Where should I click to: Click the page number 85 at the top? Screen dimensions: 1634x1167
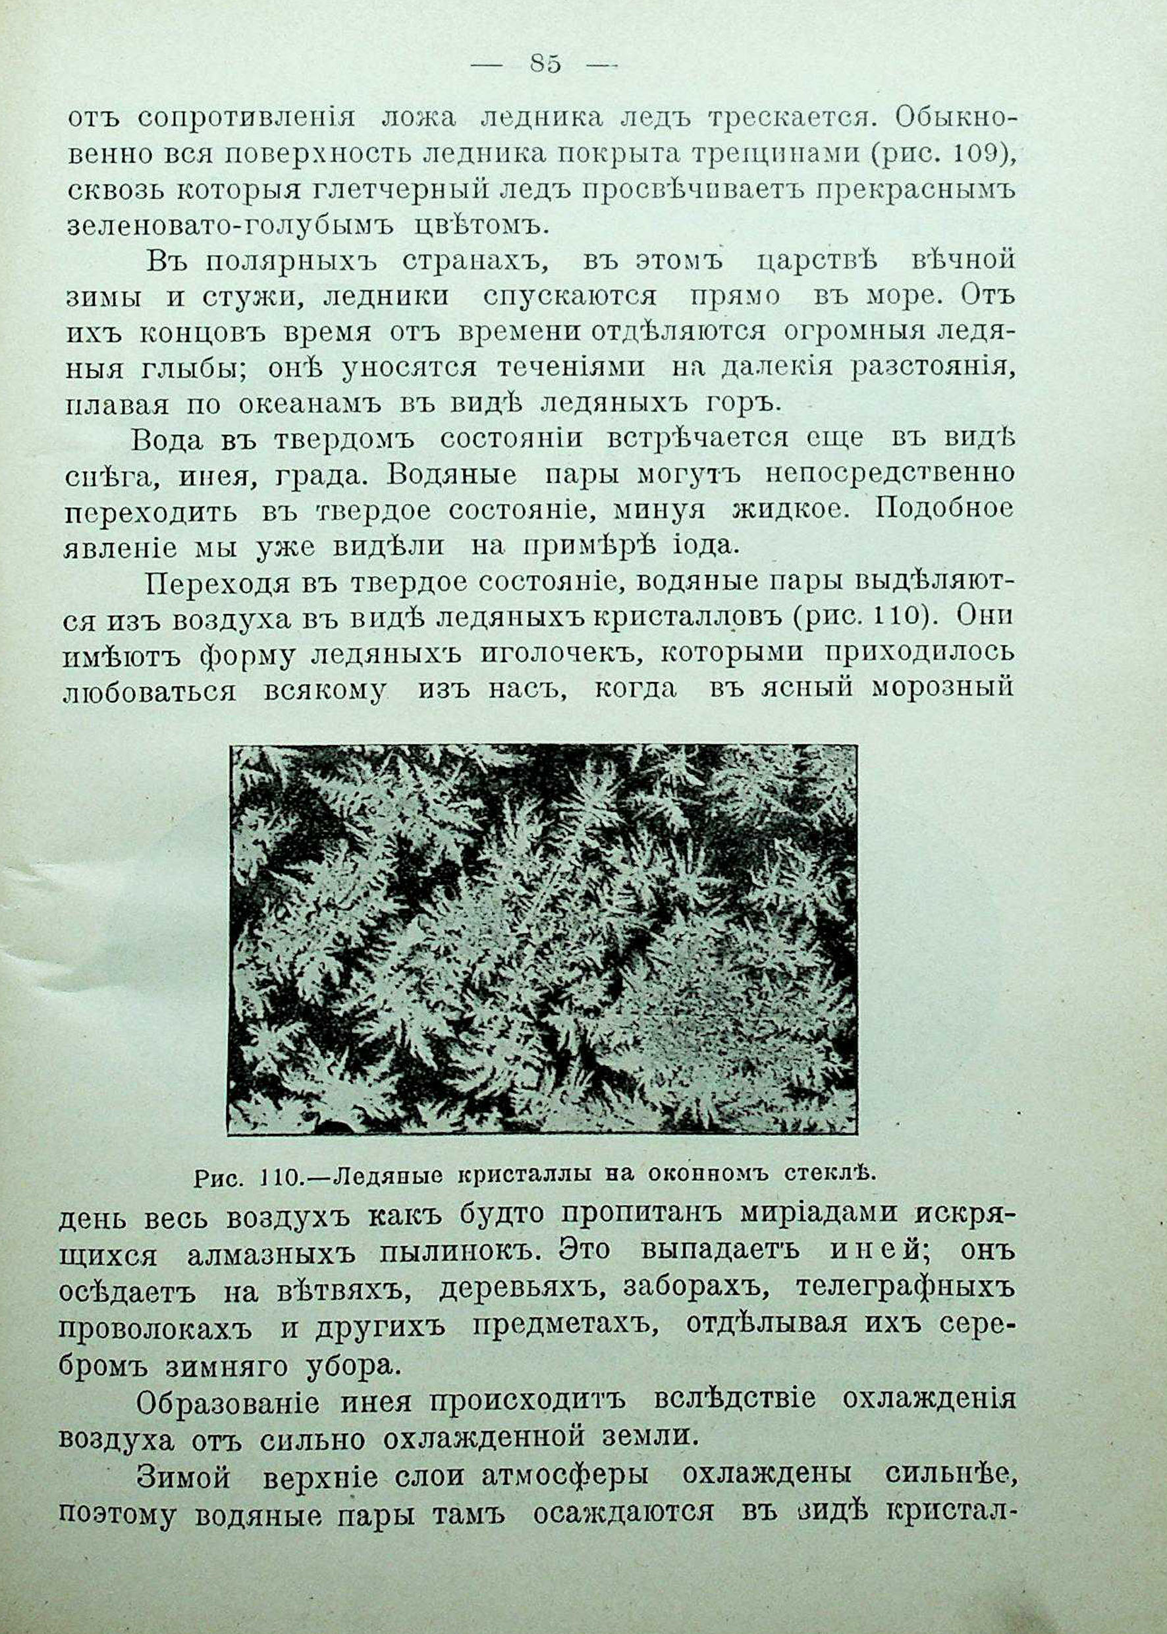tap(545, 65)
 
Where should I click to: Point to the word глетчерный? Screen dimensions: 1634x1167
tap(396, 190)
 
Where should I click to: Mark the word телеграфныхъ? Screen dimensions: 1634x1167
tap(906, 1289)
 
